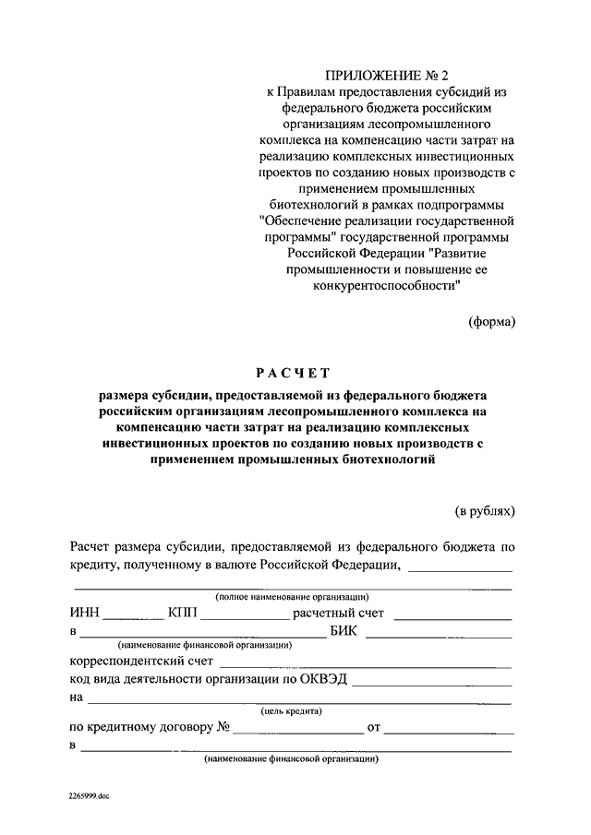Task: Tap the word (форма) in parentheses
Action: tap(490, 321)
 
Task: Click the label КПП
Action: tap(183, 612)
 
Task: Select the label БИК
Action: tap(344, 632)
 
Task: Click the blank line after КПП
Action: tap(243, 616)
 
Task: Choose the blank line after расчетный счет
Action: tap(455, 616)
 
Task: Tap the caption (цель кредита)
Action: tap(291, 711)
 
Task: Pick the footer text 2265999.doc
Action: tap(88, 794)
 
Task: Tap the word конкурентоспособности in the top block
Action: tap(381, 286)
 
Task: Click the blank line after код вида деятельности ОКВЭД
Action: tap(431, 685)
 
